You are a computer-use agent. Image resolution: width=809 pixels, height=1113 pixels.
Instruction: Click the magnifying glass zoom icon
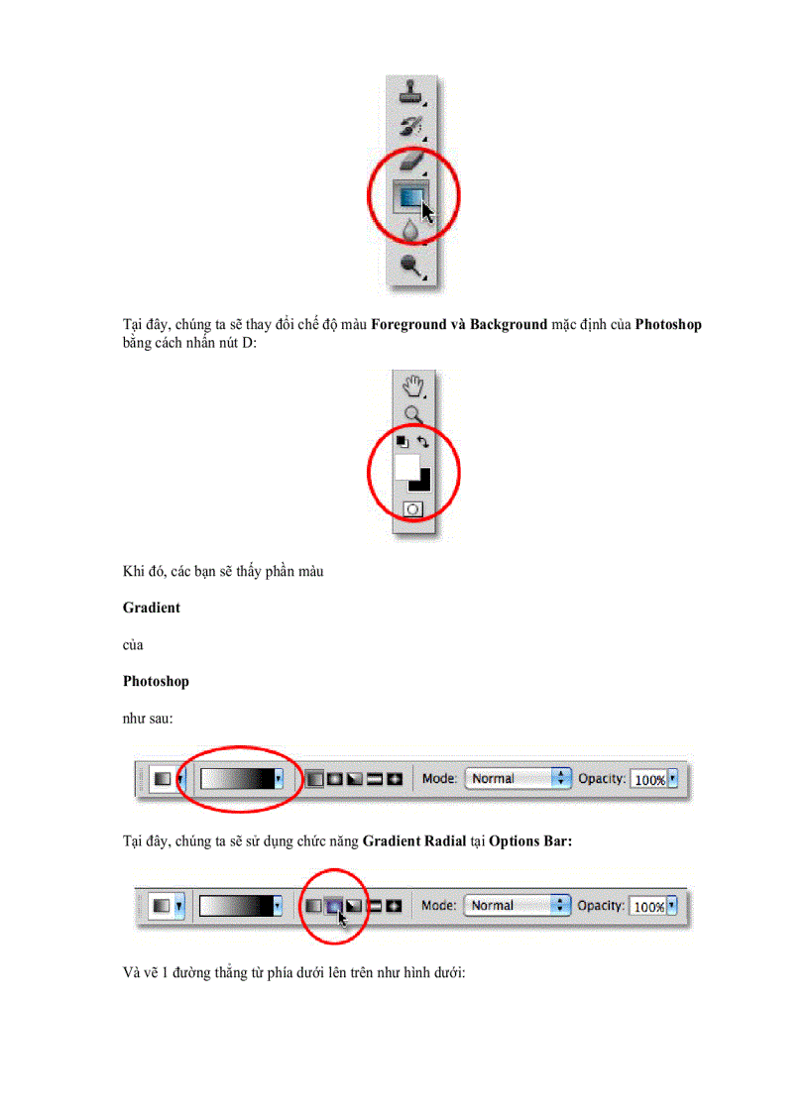[x=412, y=415]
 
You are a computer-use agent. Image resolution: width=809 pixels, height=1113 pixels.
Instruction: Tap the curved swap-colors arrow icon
[x=423, y=442]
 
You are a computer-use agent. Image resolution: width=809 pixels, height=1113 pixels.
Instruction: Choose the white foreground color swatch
[x=406, y=468]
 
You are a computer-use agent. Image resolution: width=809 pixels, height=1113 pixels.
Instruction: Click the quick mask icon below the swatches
[x=412, y=509]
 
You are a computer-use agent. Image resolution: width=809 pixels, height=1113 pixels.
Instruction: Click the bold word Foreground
[x=409, y=325]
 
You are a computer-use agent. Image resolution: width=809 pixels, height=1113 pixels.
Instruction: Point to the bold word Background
[x=508, y=325]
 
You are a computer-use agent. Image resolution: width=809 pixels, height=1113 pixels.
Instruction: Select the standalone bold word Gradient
[x=152, y=608]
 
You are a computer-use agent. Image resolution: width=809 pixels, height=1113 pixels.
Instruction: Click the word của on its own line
[x=133, y=644]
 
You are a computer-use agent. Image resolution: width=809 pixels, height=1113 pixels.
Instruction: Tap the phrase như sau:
[x=149, y=718]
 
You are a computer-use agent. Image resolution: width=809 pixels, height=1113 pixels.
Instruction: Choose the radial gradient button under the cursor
[x=334, y=905]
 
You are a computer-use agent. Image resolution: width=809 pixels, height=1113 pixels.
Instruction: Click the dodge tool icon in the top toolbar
[x=411, y=264]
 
